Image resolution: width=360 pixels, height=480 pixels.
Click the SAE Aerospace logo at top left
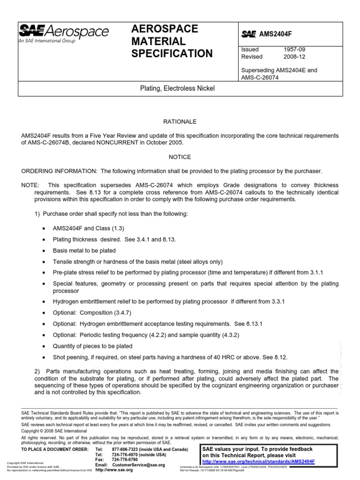click(x=63, y=32)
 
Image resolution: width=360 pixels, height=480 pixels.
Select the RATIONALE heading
click(x=180, y=121)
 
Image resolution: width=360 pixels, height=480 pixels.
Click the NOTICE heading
click(x=180, y=157)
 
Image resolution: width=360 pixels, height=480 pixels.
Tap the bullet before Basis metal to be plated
click(x=44, y=251)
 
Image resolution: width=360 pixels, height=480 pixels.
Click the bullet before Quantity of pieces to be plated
click(x=44, y=346)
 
